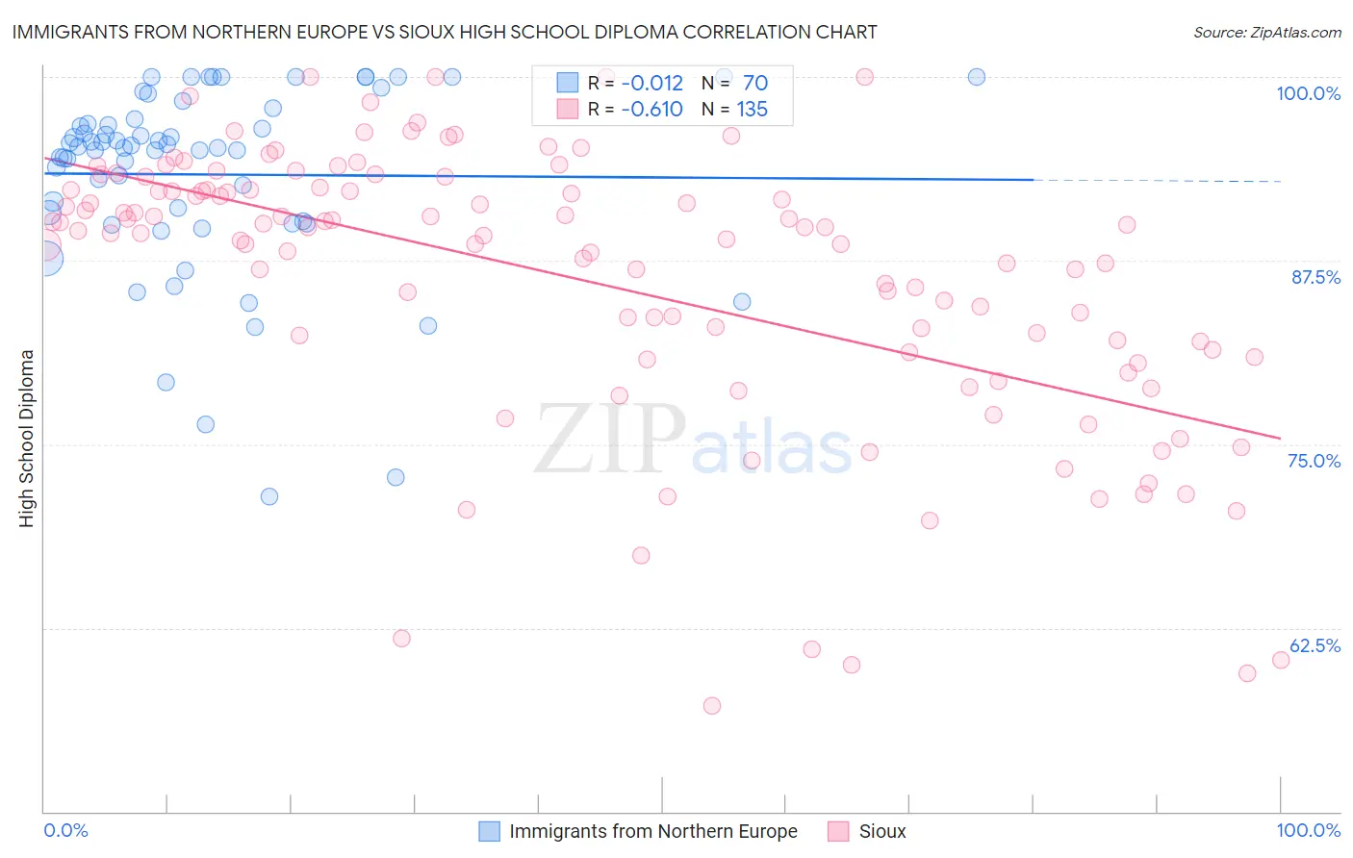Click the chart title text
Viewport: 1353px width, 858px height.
tap(444, 32)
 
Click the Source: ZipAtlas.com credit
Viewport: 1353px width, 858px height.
tap(1266, 32)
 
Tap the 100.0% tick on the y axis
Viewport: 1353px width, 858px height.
tap(1308, 93)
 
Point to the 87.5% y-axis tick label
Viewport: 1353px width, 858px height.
tap(1315, 277)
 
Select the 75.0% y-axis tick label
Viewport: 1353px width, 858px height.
tap(1314, 461)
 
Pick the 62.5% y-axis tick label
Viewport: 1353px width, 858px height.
tap(1315, 645)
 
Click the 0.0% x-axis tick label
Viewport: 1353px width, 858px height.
tap(66, 830)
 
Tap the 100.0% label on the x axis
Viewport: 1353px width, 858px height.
tap(1308, 830)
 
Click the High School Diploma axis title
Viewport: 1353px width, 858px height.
tap(27, 438)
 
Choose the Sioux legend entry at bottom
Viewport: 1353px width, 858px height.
tap(881, 831)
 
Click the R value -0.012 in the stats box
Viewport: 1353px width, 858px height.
tap(651, 84)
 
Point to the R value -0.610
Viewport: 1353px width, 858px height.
tap(651, 110)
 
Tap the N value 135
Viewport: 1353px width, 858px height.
tap(752, 110)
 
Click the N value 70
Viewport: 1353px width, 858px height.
tap(754, 84)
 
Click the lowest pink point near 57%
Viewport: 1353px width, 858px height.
tap(712, 706)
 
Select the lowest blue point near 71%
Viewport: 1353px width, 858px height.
tap(269, 496)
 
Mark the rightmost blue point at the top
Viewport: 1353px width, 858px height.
tap(977, 77)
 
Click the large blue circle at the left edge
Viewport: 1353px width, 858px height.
tap(45, 258)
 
